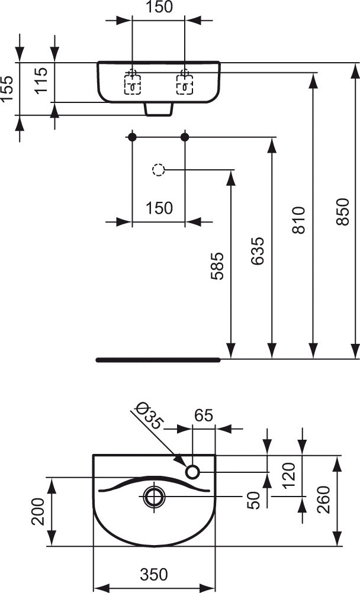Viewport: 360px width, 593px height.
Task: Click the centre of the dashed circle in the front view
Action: coord(158,170)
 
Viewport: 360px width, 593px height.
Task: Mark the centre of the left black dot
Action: coord(131,137)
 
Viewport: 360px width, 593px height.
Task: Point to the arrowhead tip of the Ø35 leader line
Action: coord(185,466)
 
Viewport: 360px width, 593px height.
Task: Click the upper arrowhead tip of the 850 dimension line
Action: coord(355,63)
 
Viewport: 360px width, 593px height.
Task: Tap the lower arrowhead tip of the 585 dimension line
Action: coord(231,359)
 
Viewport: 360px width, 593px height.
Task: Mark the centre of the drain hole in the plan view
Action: coord(155,496)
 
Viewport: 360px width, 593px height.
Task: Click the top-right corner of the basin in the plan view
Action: coord(215,455)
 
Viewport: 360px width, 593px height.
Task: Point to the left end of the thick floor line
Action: coord(97,360)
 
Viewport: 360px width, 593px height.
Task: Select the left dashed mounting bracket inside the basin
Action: coord(133,84)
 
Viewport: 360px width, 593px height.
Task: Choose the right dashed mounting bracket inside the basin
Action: coord(185,84)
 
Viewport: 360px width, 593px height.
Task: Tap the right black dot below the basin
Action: coord(185,137)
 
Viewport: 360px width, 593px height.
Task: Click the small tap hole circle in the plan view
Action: coord(192,472)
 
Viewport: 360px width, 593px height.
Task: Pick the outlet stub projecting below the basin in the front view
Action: coord(159,109)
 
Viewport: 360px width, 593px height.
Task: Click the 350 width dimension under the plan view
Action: coord(154,574)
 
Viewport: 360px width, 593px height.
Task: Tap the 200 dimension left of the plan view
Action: coord(38,512)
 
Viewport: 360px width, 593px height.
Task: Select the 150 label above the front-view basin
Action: coord(159,7)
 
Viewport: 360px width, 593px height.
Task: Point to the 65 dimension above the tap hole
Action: coord(204,415)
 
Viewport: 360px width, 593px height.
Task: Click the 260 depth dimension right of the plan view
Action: coord(324,499)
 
